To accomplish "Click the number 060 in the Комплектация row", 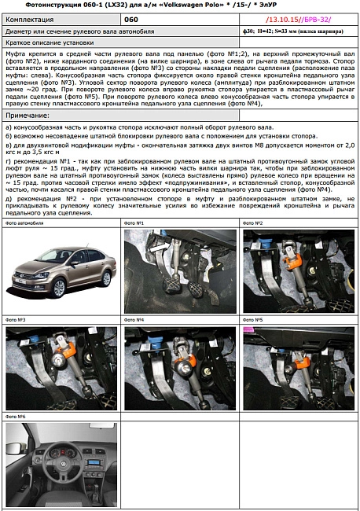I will pyautogui.click(x=131, y=18).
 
